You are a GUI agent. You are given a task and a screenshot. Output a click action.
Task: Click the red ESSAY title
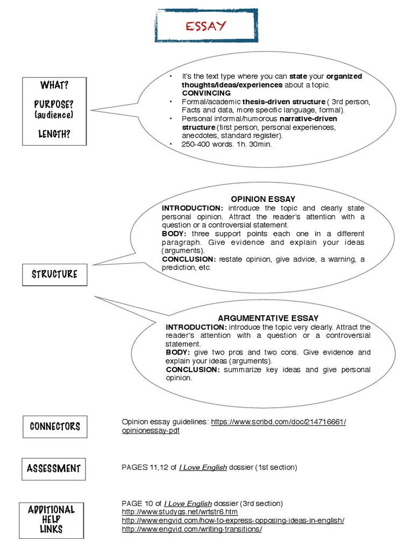(x=205, y=26)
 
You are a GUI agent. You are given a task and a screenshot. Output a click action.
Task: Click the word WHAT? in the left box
(x=54, y=86)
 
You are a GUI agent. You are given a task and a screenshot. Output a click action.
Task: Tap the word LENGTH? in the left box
(x=54, y=134)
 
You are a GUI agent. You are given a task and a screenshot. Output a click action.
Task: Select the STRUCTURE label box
(x=54, y=274)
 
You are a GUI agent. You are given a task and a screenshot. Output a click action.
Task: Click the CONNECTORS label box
(x=55, y=426)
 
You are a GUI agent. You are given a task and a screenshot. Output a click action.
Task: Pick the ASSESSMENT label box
(x=54, y=468)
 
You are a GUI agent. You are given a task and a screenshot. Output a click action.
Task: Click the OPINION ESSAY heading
(x=263, y=199)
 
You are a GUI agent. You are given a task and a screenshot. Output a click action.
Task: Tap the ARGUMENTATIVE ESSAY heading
(x=268, y=318)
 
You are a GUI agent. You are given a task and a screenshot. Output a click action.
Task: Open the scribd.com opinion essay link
(x=279, y=422)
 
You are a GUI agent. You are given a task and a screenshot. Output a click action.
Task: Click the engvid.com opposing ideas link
(x=233, y=520)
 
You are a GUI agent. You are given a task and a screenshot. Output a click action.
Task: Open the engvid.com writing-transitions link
(x=192, y=529)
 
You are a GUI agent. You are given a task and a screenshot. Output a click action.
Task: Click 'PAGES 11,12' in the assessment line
(x=142, y=467)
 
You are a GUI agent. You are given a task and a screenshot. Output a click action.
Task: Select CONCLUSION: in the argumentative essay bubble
(x=193, y=370)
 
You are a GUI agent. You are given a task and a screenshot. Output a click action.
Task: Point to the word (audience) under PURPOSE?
(x=54, y=115)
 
